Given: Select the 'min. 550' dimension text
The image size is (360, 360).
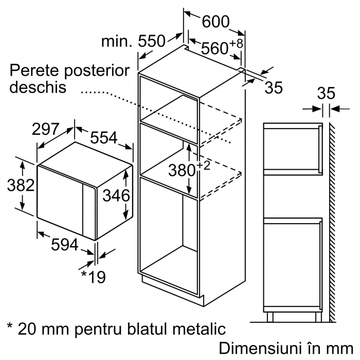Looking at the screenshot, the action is [133, 41].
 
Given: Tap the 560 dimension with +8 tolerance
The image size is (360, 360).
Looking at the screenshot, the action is [214, 48].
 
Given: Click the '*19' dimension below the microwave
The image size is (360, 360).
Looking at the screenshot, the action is [93, 277].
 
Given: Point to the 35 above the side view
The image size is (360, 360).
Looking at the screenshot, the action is [326, 94].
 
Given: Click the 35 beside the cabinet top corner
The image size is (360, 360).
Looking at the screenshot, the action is [274, 87].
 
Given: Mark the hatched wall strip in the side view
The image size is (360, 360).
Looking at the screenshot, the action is [332, 216].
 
